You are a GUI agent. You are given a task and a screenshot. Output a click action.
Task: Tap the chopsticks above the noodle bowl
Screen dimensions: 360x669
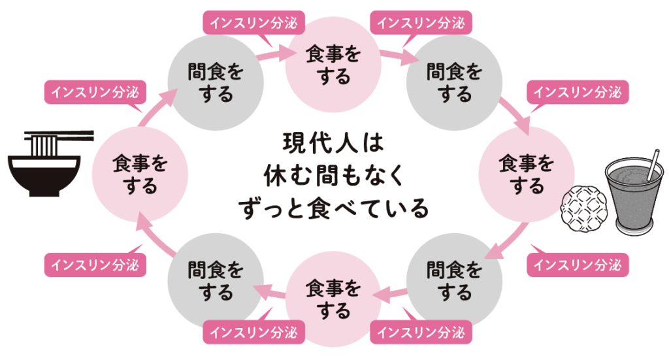59,138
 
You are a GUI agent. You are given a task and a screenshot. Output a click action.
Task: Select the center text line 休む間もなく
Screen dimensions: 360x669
334,175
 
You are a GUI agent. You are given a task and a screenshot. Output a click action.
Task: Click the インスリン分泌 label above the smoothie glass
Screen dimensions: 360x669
578,92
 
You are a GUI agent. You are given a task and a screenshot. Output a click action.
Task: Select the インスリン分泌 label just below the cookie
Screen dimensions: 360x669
578,265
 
